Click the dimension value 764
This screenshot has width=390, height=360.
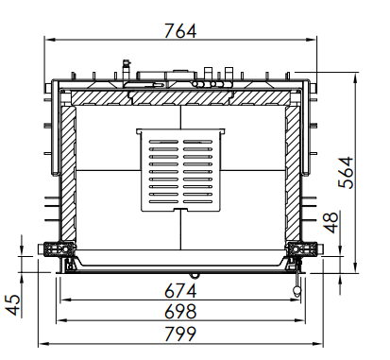180,31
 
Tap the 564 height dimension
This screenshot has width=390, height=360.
346,172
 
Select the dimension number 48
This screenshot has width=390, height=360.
331,223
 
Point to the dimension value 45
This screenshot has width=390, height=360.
13,305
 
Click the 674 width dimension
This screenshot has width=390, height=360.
180,291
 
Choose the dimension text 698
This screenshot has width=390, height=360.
180,312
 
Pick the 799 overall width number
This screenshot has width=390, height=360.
180,334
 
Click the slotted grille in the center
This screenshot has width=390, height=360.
180,170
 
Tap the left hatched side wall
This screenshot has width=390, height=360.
68,174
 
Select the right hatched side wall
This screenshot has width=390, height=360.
293,174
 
